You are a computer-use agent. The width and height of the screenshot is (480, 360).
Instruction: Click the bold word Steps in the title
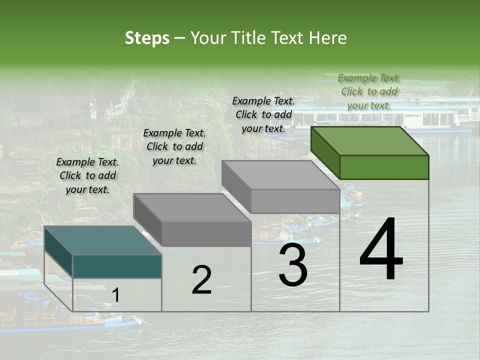[147, 38]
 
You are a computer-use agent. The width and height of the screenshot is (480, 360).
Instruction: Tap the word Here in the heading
[328, 38]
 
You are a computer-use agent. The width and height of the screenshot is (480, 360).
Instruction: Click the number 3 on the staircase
[293, 265]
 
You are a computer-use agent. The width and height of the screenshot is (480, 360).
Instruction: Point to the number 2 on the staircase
[201, 280]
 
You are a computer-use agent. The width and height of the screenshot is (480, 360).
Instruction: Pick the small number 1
[116, 295]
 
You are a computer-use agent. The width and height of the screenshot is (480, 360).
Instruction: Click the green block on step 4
[370, 152]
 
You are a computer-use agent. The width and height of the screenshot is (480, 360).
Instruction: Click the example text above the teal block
[87, 175]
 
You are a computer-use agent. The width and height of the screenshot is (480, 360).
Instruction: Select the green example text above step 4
[369, 91]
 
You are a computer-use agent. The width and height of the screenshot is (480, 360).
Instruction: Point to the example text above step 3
[263, 114]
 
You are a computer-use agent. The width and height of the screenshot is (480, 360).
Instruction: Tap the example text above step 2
[174, 146]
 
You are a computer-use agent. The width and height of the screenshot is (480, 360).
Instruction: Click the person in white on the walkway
[93, 110]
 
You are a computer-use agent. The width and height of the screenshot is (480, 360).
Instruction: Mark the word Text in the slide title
[288, 38]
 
